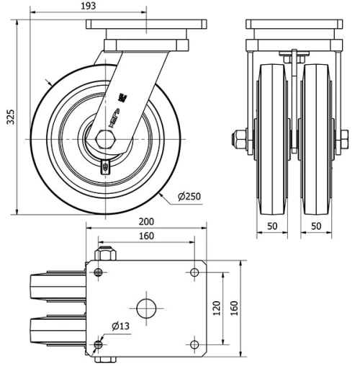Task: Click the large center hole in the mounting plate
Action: coord(146,308)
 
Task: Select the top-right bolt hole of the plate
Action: coord(194,272)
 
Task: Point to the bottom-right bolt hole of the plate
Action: coord(194,345)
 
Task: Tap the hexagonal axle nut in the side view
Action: coord(102,138)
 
